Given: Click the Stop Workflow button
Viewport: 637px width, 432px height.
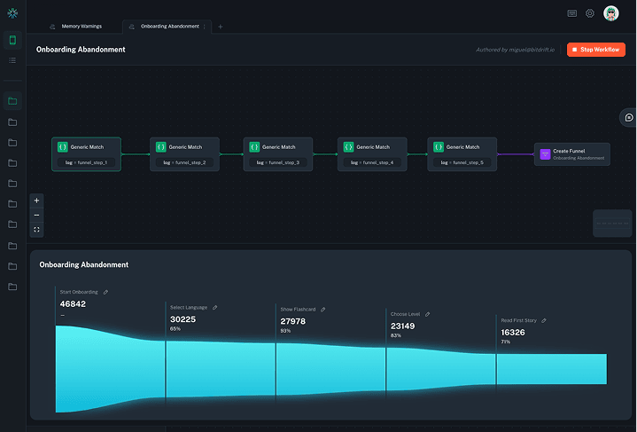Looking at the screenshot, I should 596,50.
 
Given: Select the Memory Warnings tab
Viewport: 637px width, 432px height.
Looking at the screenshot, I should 80,27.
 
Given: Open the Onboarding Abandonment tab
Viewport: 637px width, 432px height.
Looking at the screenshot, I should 169,27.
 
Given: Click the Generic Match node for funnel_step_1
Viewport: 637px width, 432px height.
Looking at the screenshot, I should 86,153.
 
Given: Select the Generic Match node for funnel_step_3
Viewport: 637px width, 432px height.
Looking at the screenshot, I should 278,153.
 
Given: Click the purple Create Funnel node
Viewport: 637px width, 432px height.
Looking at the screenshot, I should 571,154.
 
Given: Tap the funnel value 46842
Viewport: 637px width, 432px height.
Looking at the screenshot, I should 73,304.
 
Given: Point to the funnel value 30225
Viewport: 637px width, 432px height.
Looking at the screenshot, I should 183,319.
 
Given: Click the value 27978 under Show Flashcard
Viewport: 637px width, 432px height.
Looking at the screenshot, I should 293,321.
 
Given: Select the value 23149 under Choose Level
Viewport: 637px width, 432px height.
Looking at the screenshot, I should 402,326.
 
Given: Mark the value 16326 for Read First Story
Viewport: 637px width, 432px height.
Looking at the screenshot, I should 513,332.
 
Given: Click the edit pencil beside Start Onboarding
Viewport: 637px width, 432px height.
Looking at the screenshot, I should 105,292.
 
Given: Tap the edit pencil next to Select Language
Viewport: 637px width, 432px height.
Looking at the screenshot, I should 214,308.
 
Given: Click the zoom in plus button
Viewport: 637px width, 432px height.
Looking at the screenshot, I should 36,200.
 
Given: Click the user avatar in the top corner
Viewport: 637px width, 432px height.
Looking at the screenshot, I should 611,13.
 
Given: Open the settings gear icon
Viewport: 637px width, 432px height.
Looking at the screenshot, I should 590,13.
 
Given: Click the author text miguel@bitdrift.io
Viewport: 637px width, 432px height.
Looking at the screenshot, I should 517,50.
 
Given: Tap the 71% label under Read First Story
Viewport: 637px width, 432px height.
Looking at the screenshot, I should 505,342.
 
